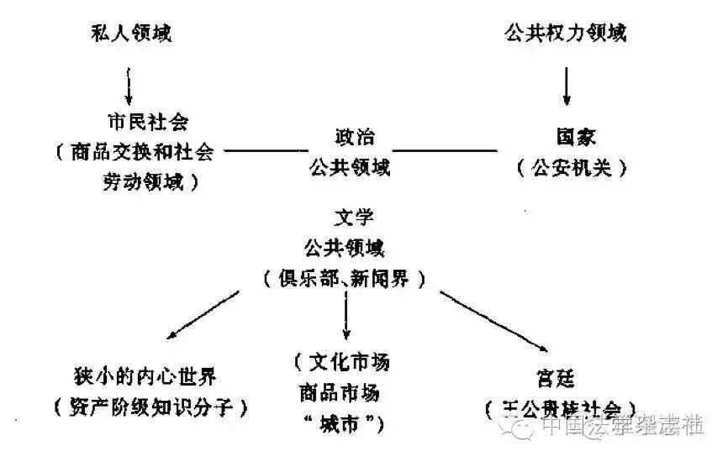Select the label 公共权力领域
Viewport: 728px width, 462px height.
point(565,34)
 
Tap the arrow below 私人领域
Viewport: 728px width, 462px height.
point(129,84)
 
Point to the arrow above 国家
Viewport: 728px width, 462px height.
point(566,84)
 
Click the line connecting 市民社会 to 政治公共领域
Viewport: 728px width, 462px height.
point(266,151)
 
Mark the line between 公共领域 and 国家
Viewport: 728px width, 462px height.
point(446,151)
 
